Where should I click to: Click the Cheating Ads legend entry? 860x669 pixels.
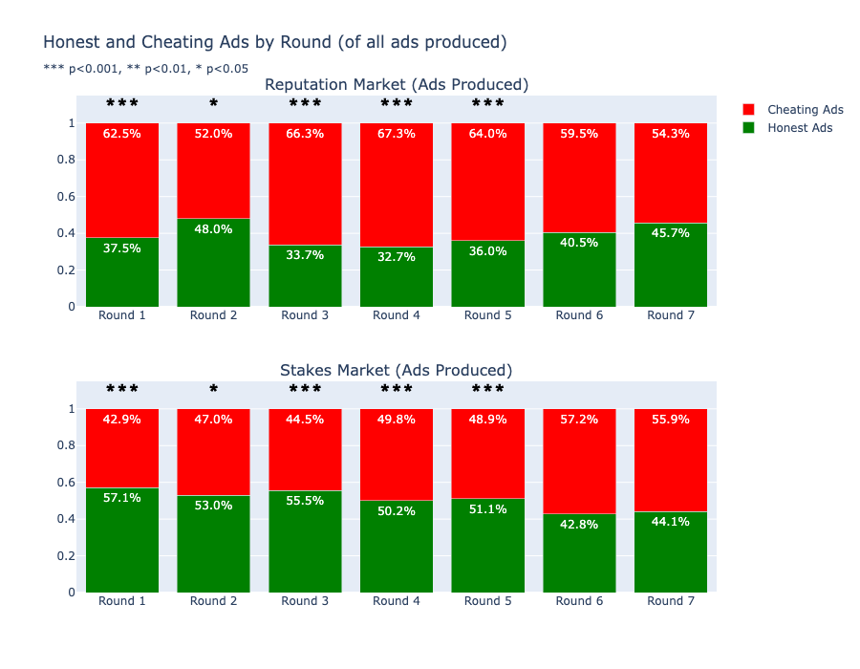coord(793,110)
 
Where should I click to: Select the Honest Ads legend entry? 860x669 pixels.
coord(787,128)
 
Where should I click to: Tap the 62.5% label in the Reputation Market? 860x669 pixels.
coord(121,134)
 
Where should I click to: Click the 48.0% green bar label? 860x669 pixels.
coord(213,229)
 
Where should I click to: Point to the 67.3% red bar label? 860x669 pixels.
coord(396,134)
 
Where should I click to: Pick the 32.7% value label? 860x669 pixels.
coord(396,257)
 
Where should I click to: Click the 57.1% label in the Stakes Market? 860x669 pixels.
coord(121,498)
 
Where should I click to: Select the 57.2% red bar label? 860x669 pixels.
coord(579,420)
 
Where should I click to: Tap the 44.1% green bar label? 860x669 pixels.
coord(670,522)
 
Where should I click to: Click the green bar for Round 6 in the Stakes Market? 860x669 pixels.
coord(579,552)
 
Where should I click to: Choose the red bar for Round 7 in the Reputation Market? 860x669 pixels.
coord(670,173)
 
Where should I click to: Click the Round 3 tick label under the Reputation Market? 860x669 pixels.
coord(305,315)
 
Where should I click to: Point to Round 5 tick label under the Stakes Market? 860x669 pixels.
coord(487,601)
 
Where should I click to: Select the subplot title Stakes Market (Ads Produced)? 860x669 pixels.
coord(396,370)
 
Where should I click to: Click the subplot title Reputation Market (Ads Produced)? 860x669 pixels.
coord(397,84)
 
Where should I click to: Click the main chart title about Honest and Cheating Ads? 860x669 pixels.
coord(275,42)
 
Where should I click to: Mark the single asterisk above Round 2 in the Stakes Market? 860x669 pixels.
coord(213,389)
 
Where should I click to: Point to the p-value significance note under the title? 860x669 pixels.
coord(146,69)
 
